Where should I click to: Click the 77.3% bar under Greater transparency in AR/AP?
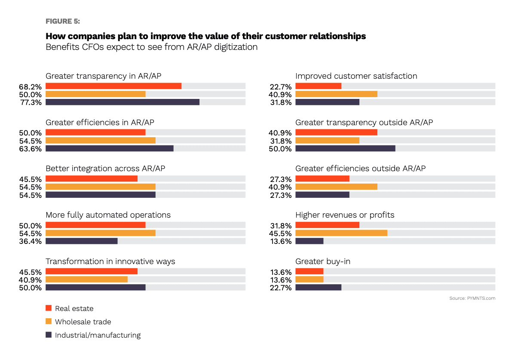click(x=123, y=102)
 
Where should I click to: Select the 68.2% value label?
click(x=30, y=86)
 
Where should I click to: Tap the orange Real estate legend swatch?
click(x=49, y=308)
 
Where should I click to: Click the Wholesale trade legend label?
click(x=83, y=322)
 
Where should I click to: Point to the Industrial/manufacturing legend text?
click(x=98, y=335)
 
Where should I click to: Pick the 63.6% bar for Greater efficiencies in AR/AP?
click(x=109, y=148)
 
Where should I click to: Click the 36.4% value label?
click(x=30, y=241)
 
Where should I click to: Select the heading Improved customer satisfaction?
click(x=356, y=76)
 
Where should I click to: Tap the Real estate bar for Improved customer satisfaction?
click(x=319, y=86)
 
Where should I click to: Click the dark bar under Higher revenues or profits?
click(x=310, y=241)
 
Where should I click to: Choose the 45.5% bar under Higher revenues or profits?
click(x=341, y=233)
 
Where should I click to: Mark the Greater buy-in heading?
click(x=323, y=262)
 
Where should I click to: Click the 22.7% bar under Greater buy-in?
click(x=319, y=287)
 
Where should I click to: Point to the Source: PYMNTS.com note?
click(x=472, y=298)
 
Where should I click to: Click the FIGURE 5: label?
click(x=62, y=21)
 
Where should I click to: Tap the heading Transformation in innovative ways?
click(x=110, y=262)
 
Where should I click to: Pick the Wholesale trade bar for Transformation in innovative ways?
click(x=86, y=280)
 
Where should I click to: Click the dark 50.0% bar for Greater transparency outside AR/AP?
click(x=345, y=148)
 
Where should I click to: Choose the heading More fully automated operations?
click(x=108, y=215)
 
